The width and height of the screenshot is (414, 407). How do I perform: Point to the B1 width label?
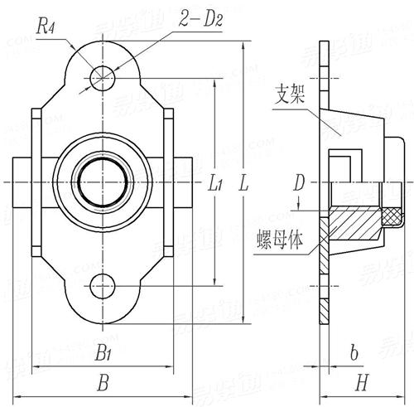103,355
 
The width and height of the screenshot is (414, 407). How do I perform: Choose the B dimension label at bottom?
103,382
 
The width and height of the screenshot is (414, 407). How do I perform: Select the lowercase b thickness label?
354,354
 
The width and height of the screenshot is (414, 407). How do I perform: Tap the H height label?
361,382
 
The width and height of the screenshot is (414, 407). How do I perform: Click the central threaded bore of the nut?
102,182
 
